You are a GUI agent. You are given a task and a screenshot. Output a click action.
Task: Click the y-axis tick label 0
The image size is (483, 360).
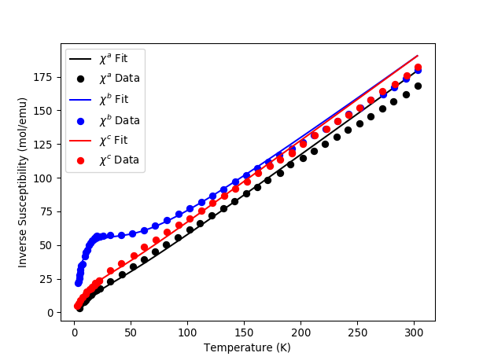click(51, 313)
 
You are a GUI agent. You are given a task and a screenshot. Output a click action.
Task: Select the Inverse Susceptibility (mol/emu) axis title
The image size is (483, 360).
click(24, 182)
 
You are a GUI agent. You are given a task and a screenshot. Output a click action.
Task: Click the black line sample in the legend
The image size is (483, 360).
click(81, 59)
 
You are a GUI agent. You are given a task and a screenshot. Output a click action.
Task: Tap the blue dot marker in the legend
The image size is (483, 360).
click(81, 120)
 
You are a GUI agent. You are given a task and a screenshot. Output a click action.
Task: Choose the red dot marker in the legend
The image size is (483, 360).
click(81, 160)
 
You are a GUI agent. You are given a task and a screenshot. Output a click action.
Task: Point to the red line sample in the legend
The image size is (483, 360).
click(81, 140)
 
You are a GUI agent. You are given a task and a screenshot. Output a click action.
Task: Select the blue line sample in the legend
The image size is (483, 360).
click(81, 100)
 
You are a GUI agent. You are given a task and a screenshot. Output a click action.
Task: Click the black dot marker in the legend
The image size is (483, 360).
click(81, 79)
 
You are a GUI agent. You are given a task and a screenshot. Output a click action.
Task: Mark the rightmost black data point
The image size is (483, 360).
click(418, 86)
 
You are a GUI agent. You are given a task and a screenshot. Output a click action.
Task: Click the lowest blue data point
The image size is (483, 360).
click(78, 283)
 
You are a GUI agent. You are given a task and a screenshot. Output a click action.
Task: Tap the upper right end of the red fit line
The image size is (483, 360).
click(418, 56)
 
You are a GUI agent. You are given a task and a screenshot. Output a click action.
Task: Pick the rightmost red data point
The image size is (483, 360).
click(418, 68)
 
